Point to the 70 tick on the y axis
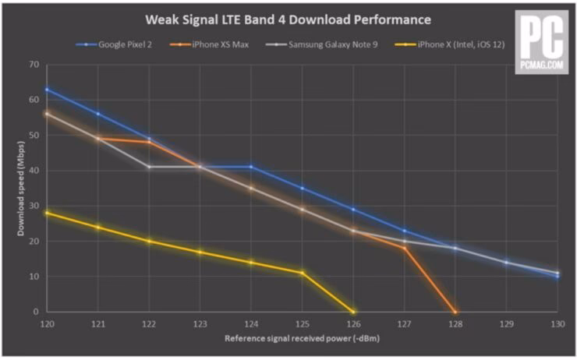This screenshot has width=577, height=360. pos(34,65)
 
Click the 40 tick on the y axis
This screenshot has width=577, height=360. pos(34,171)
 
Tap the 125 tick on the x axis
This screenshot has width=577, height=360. pos(303,323)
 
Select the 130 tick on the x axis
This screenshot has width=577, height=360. pos(558,323)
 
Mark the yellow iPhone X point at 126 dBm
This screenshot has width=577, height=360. pos(353,312)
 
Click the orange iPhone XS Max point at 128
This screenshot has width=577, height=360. pos(455,312)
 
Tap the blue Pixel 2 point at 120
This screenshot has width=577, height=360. pos(47,90)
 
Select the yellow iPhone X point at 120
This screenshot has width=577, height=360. pos(47,213)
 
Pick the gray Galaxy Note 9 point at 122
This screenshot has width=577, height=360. pos(149,167)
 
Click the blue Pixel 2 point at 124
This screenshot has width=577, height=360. pos(251,167)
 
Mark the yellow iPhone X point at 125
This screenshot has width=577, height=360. pos(303,273)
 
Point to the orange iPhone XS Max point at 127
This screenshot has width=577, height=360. pos(404,248)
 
